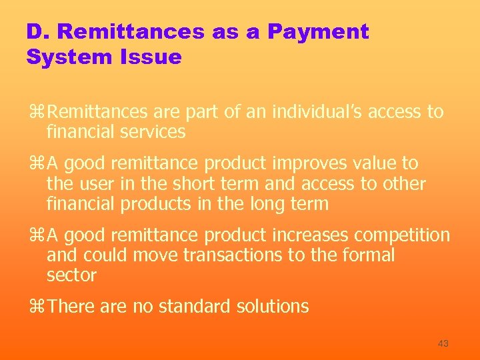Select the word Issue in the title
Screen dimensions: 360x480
pyautogui.click(x=151, y=57)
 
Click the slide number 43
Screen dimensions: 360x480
pyautogui.click(x=443, y=343)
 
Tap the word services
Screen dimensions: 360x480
pyautogui.click(x=153, y=131)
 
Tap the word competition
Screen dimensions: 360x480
pyautogui.click(x=402, y=235)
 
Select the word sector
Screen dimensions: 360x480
pyautogui.click(x=71, y=275)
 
